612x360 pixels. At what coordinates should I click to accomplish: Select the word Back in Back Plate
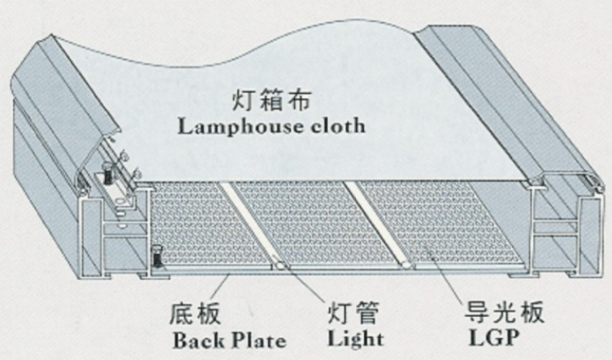pos(195,342)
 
